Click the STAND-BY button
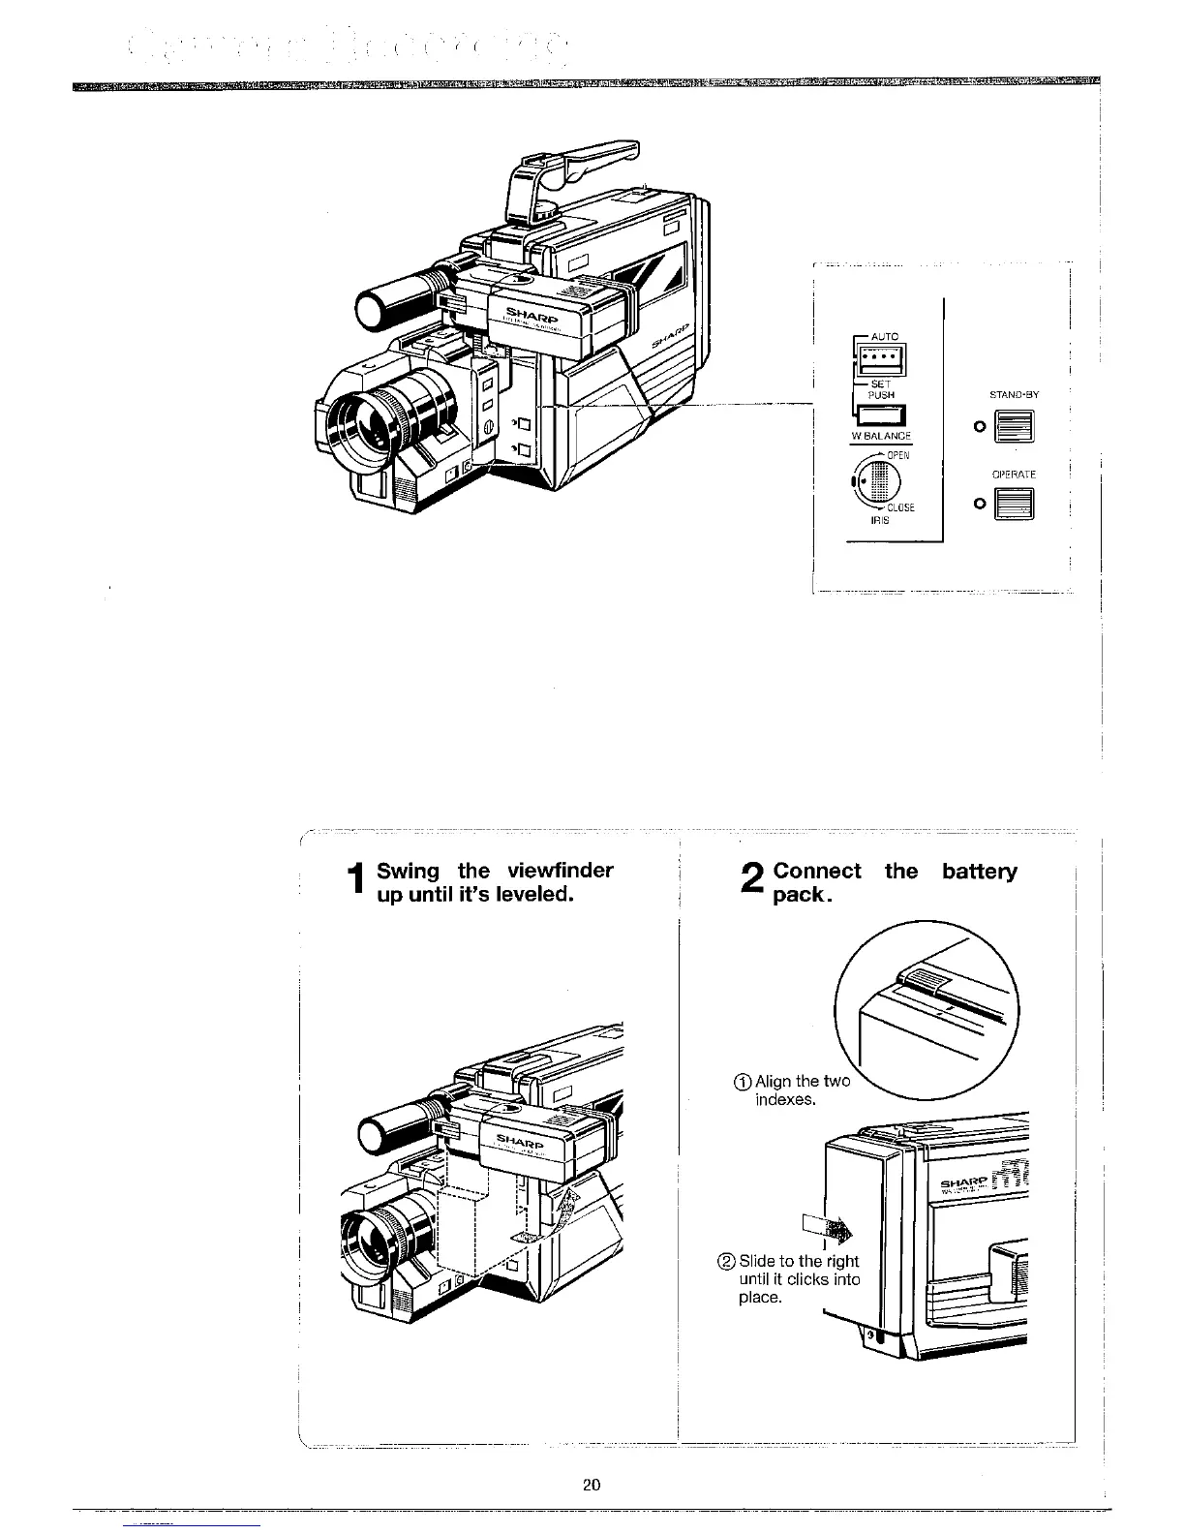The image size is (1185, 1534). tap(1017, 426)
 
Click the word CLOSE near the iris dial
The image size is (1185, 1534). tap(900, 508)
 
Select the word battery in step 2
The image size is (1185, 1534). tap(980, 871)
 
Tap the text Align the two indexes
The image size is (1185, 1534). tap(794, 1090)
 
